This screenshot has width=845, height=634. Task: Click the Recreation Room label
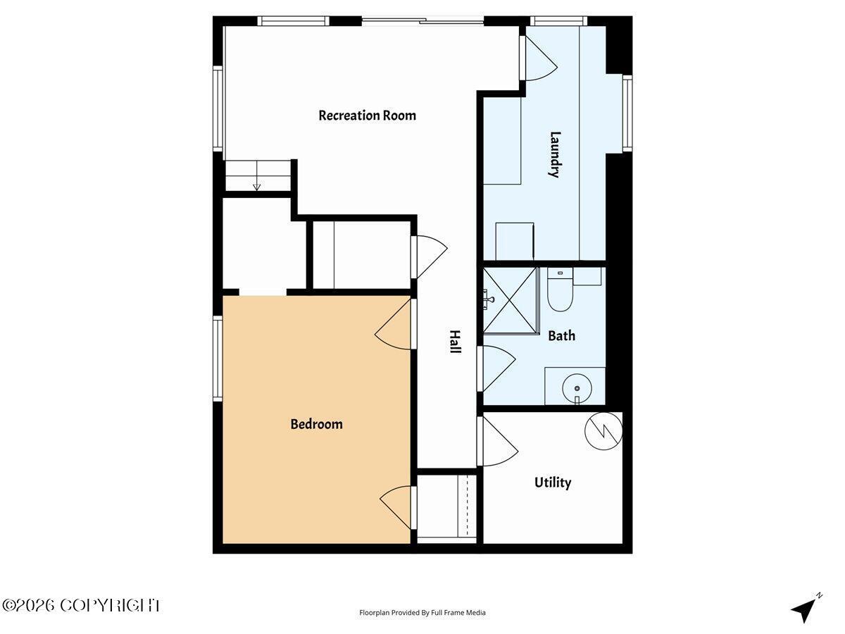pyautogui.click(x=368, y=116)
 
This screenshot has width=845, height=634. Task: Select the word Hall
pyautogui.click(x=456, y=342)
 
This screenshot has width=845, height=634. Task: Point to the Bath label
pyautogui.click(x=562, y=336)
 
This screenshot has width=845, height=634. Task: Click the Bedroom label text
pyautogui.click(x=316, y=424)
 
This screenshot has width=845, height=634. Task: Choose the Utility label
pyautogui.click(x=553, y=483)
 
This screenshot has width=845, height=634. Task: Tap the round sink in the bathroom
pyautogui.click(x=576, y=388)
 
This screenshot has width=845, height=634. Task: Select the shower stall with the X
pyautogui.click(x=510, y=300)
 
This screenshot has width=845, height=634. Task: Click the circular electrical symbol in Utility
pyautogui.click(x=603, y=431)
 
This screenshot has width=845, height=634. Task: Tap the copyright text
pyautogui.click(x=80, y=606)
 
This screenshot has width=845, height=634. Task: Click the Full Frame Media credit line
pyautogui.click(x=423, y=612)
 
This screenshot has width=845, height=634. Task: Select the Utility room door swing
pyautogui.click(x=498, y=442)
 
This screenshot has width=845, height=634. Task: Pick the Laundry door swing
pyautogui.click(x=539, y=58)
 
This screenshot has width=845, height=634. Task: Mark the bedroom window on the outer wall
pyautogui.click(x=218, y=359)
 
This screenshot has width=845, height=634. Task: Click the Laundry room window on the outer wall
pyautogui.click(x=627, y=113)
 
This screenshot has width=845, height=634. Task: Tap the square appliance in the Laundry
pyautogui.click(x=515, y=242)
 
